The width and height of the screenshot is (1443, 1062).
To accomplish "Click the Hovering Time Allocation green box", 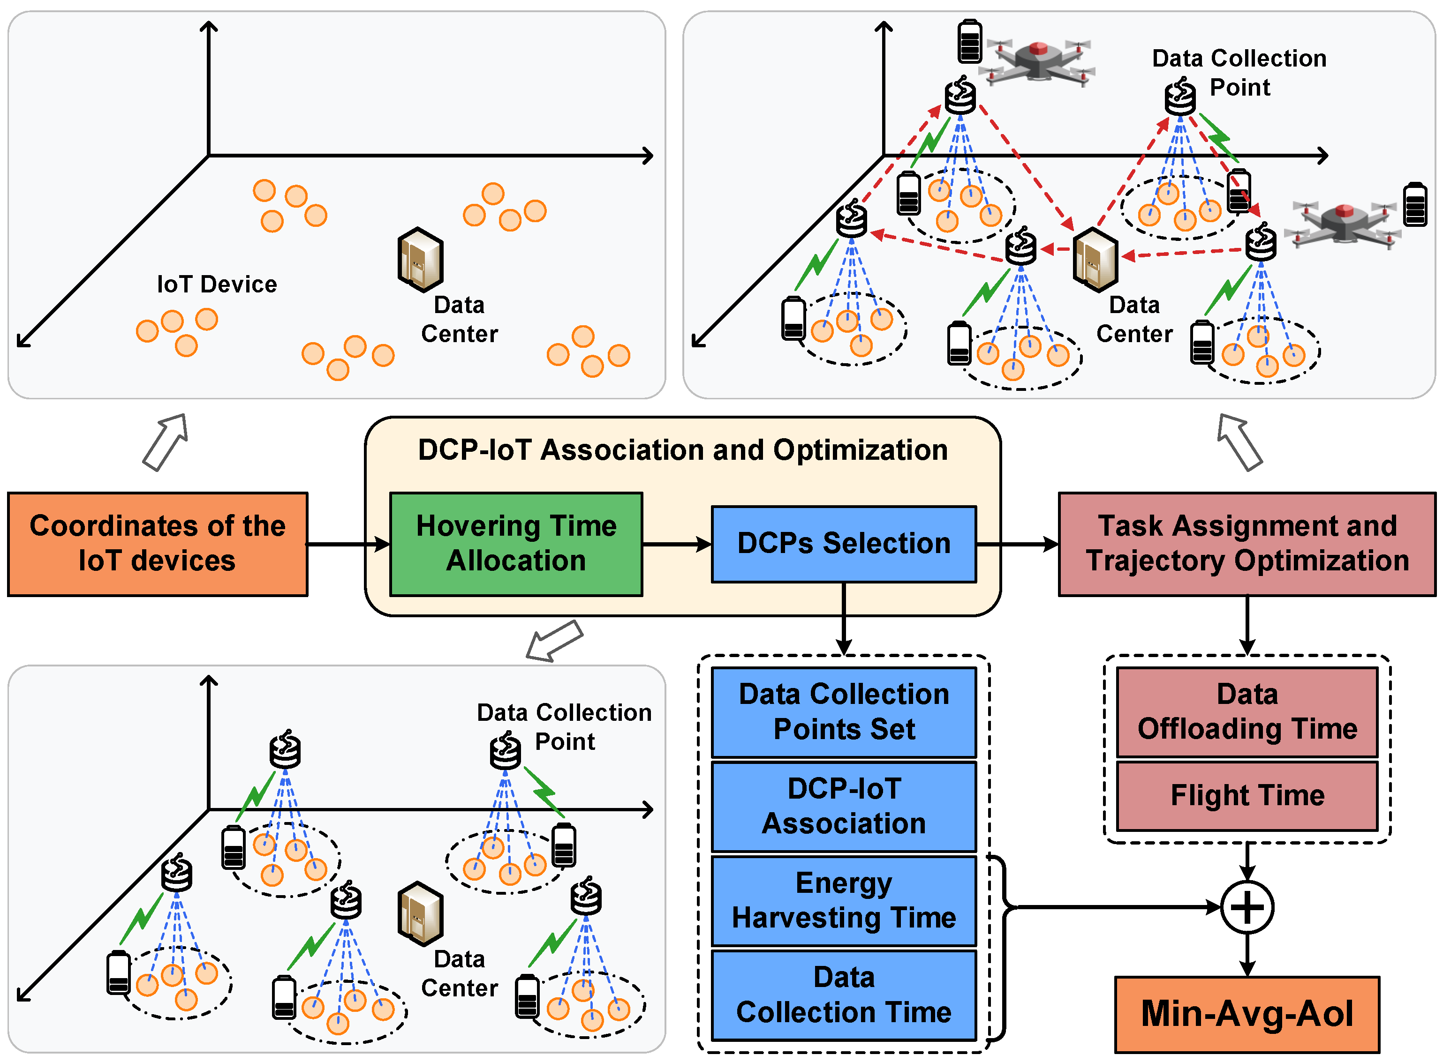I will click(516, 544).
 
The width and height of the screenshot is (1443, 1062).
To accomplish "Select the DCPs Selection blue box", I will click(843, 544).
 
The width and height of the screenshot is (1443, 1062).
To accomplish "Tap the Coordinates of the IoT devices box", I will click(158, 544).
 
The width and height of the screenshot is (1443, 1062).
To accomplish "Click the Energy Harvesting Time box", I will click(843, 900).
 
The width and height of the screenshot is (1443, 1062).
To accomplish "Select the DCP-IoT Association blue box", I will click(843, 806).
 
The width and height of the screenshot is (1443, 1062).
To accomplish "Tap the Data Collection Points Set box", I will click(843, 711).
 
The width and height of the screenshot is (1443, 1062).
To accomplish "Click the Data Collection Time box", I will click(843, 995).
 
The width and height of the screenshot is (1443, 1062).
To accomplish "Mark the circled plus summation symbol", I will click(1247, 907).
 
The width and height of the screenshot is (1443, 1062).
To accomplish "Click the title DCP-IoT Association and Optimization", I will click(683, 450).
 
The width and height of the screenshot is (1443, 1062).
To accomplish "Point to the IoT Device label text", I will click(217, 284).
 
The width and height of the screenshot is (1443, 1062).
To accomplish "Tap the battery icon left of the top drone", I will click(969, 42).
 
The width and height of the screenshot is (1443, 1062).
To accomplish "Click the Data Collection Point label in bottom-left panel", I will click(564, 726).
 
